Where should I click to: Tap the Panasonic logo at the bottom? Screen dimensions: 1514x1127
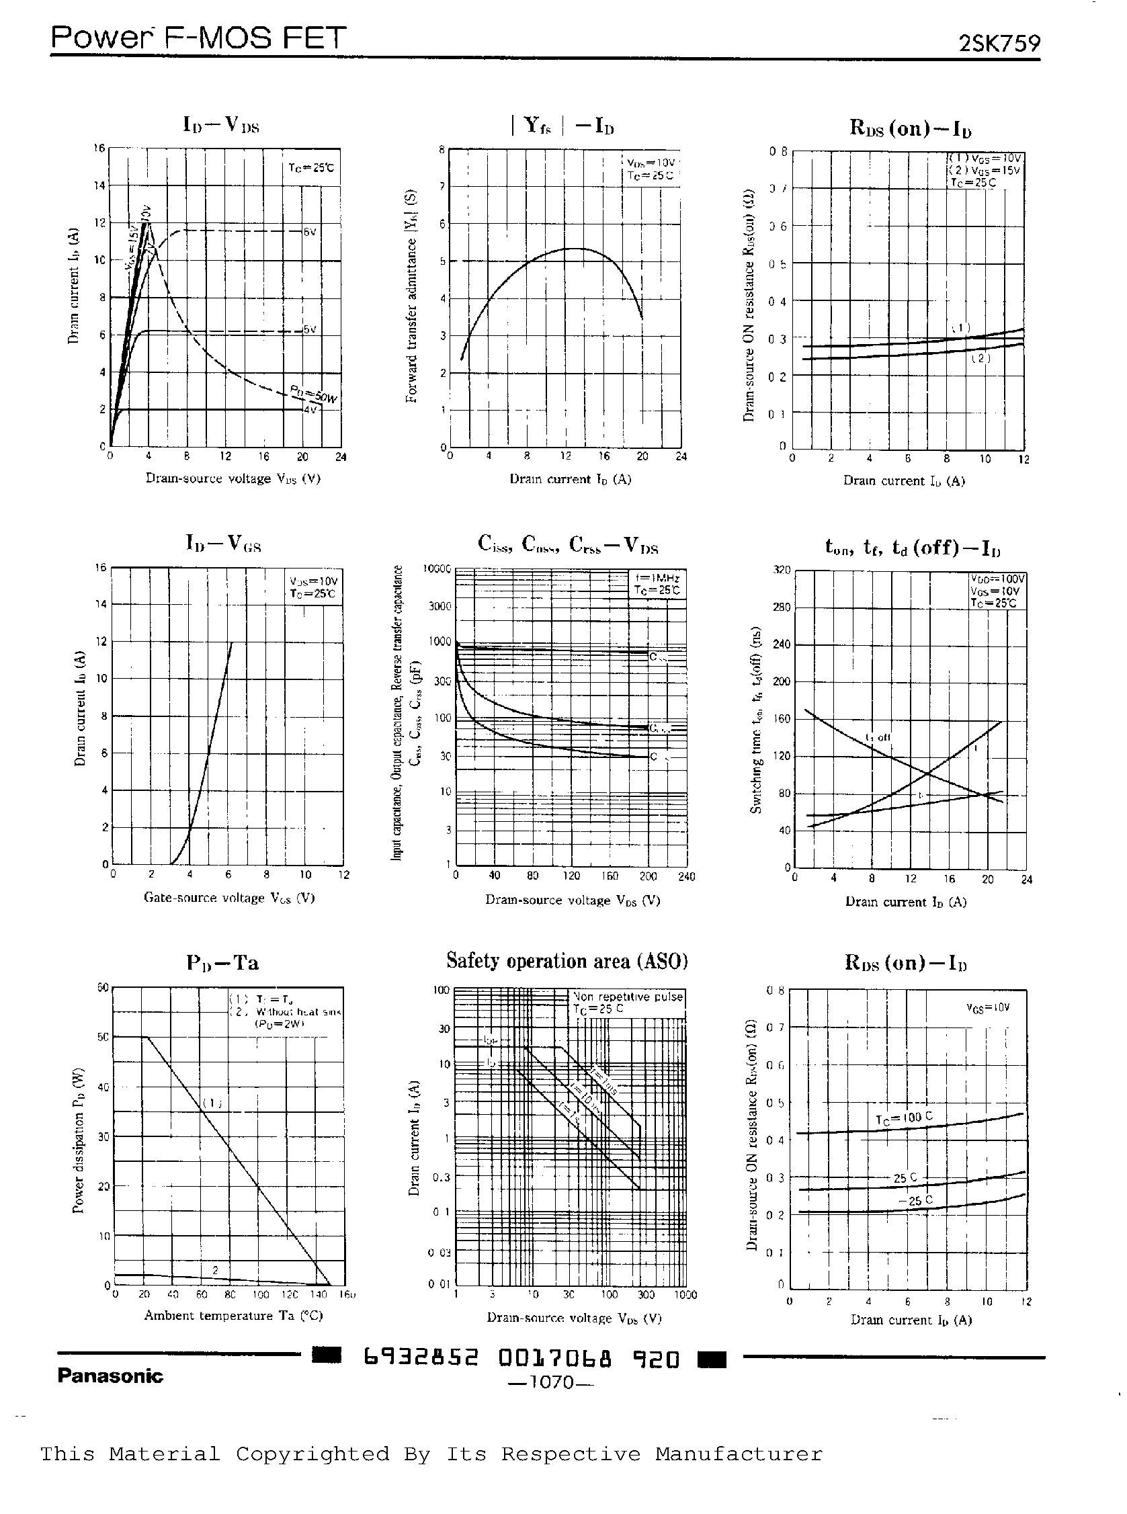coord(110,1376)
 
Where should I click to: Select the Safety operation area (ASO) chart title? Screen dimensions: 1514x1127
coord(567,961)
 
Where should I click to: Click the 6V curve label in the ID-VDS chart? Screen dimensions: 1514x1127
coord(310,232)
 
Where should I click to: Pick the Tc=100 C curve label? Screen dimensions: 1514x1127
coord(904,1118)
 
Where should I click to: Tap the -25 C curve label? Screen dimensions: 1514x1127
coord(915,1201)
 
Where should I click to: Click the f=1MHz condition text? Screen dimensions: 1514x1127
coord(657,578)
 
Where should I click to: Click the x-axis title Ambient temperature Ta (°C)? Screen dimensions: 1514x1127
coord(233,1315)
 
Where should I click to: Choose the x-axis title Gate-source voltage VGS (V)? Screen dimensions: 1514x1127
coord(229,898)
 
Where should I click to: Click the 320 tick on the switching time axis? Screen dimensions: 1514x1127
coord(781,569)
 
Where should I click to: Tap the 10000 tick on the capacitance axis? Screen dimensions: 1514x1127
coord(437,569)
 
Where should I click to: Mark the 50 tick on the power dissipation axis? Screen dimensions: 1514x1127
coord(103,1037)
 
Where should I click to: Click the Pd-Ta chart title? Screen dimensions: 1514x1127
coord(222,963)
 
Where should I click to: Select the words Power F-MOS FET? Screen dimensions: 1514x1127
coord(198,38)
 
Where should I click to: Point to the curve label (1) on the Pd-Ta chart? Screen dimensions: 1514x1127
coord(212,1103)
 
